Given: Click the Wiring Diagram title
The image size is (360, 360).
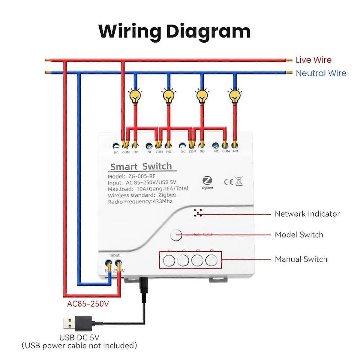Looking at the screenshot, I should pos(174,31).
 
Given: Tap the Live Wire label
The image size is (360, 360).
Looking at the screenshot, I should pos(313,60).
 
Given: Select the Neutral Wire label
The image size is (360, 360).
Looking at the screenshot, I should pos(321,73).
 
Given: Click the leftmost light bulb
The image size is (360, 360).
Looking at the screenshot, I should pos(135,96).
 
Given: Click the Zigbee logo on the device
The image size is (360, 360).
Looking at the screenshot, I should pos(207,182).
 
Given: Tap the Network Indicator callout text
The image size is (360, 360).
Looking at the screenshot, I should pos(307,214).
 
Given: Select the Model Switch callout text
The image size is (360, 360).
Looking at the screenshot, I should pos(299,235).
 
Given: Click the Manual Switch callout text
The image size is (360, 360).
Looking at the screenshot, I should pos(301,259).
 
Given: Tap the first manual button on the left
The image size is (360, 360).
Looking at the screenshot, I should pos(169,260).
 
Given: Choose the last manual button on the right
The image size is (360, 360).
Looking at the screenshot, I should pos(211,260).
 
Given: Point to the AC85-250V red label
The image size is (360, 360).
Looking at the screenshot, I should pos(88,304).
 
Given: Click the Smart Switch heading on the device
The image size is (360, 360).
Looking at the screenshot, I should pos(141,166).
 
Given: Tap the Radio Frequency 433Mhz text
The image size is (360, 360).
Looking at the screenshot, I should pos(140,202).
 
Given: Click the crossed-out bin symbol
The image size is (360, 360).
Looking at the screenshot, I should pos(239,181).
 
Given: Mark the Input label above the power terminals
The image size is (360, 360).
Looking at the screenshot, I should pos(114,255).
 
